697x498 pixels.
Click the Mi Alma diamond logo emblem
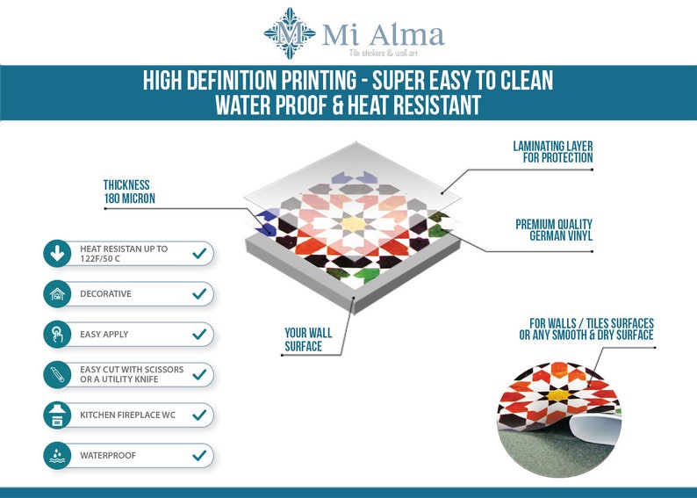pyautogui.click(x=290, y=33)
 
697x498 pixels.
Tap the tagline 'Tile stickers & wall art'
pyautogui.click(x=383, y=54)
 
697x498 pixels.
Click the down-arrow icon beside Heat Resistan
pyautogui.click(x=57, y=254)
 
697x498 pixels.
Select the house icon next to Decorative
pyautogui.click(x=57, y=294)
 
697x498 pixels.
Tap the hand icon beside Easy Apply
pyautogui.click(x=57, y=335)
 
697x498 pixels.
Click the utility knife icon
pyautogui.click(x=57, y=375)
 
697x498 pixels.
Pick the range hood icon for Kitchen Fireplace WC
pyautogui.click(x=57, y=415)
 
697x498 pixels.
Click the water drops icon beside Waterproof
pyautogui.click(x=57, y=456)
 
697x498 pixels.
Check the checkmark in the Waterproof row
pyautogui.click(x=199, y=455)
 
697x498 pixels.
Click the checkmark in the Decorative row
pyautogui.click(x=199, y=293)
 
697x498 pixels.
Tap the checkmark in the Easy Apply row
pyautogui.click(x=199, y=334)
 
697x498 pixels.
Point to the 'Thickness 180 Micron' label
pyautogui.click(x=129, y=191)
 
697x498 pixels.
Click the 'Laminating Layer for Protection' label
pyautogui.click(x=553, y=152)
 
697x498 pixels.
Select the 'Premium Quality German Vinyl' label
pyautogui.click(x=554, y=230)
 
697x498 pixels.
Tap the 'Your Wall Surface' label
pyautogui.click(x=308, y=340)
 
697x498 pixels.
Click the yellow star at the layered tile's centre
pyautogui.click(x=354, y=224)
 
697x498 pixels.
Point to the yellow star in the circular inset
pyautogui.click(x=558, y=395)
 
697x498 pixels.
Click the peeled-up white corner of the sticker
pyautogui.click(x=597, y=429)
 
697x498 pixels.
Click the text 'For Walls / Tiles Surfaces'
pyautogui.click(x=592, y=323)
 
